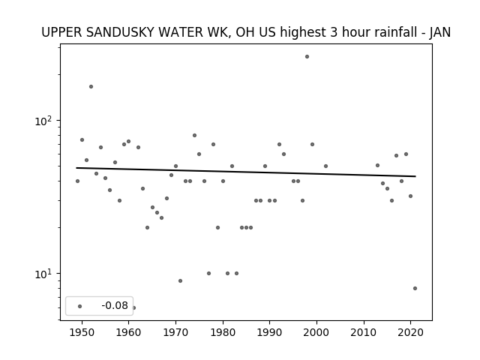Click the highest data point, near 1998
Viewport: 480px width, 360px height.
[307, 57]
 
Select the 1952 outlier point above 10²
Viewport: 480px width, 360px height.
[91, 87]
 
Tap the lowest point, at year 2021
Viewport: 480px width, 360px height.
[415, 288]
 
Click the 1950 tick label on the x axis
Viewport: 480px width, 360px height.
[82, 333]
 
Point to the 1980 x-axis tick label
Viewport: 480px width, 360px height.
[223, 333]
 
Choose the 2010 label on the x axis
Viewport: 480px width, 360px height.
[364, 333]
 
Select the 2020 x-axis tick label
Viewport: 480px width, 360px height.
[411, 333]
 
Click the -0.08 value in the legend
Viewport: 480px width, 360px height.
[115, 305]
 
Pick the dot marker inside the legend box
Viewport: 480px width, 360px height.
[80, 306]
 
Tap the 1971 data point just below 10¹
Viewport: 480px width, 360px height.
[180, 281]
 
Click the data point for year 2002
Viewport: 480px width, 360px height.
[325, 166]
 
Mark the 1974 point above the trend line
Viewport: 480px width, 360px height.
[194, 135]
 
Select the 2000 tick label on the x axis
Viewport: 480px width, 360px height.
[316, 333]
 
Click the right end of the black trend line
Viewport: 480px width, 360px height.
[415, 176]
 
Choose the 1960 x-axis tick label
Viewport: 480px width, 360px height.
[128, 333]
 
